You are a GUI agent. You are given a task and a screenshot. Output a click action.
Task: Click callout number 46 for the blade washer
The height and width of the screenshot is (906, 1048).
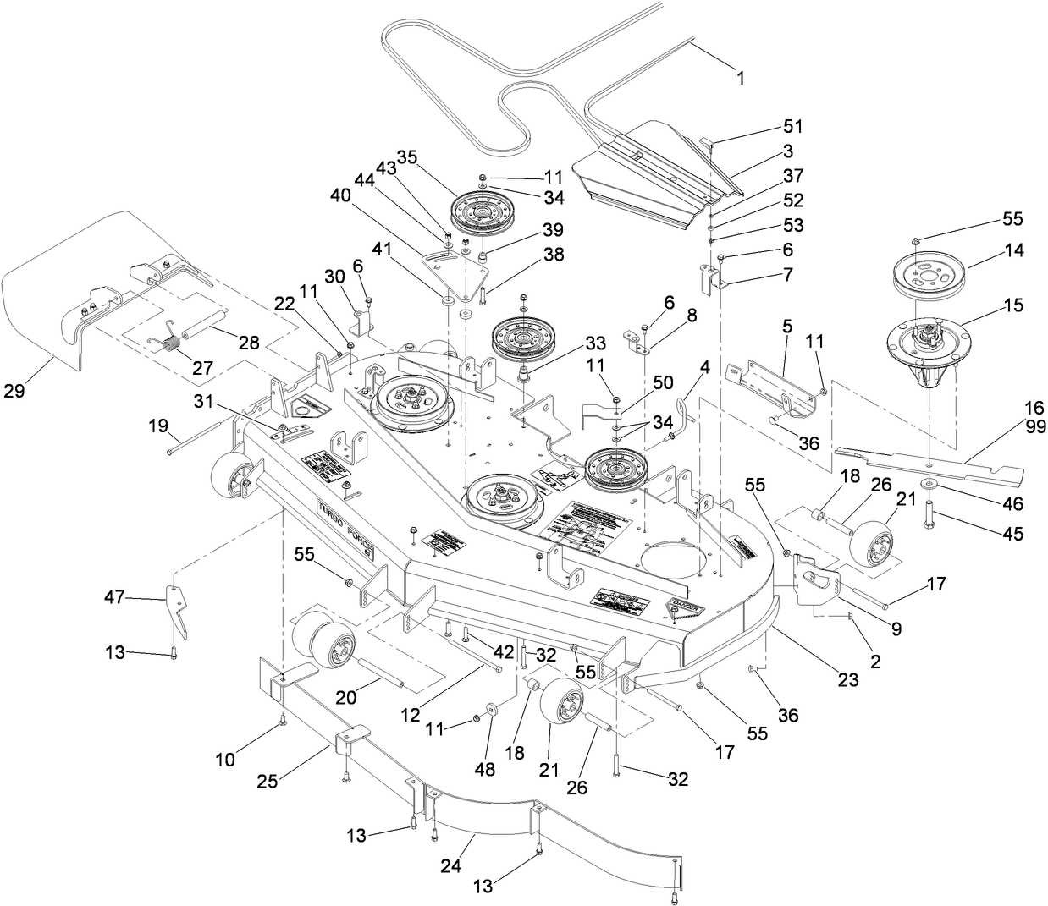coord(1012,504)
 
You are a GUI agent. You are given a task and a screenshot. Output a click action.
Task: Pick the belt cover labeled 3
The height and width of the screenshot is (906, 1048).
coord(643,178)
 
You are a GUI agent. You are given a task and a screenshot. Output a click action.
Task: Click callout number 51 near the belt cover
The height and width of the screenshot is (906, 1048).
coord(792,127)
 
